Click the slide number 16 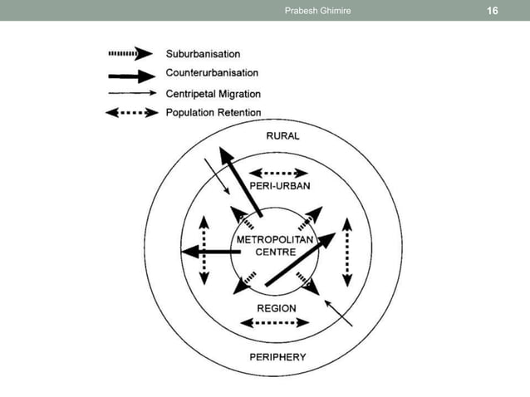pyautogui.click(x=492, y=11)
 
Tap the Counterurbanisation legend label pyautogui.click(x=212, y=74)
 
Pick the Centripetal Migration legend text pyautogui.click(x=213, y=93)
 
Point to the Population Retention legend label pyautogui.click(x=213, y=112)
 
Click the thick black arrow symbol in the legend pyautogui.click(x=131, y=76)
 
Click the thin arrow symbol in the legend pyautogui.click(x=131, y=94)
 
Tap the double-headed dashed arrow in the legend pyautogui.click(x=131, y=113)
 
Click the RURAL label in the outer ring pyautogui.click(x=283, y=136)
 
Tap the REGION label pyautogui.click(x=277, y=308)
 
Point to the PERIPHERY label pyautogui.click(x=278, y=357)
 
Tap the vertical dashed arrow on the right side pyautogui.click(x=347, y=252)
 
